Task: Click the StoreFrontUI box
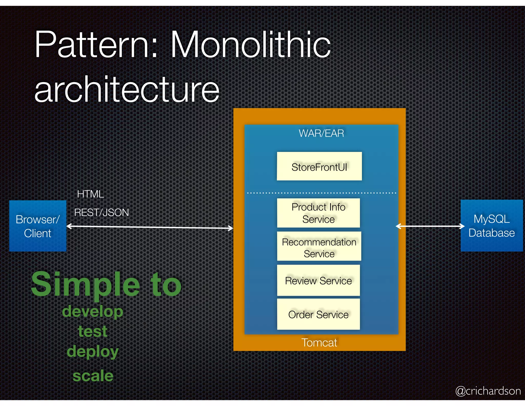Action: pos(319,166)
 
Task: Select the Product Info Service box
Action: pos(318,213)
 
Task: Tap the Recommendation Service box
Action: pos(319,246)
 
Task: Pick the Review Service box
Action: pos(318,280)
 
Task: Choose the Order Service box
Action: pos(318,314)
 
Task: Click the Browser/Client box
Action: pos(38,226)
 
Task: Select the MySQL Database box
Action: pos(492,226)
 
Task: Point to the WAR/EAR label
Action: pos(321,133)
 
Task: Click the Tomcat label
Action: pos(319,343)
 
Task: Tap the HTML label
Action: pos(90,194)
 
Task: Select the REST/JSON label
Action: pos(102,212)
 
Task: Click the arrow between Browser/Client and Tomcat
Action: pos(150,227)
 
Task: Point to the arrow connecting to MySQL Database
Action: pos(430,226)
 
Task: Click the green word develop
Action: pos(93,312)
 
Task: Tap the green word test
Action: pos(93,331)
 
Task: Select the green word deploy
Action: pos(93,352)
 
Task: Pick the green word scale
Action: pos(93,376)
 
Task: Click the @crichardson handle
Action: pos(488,391)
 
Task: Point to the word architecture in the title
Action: pos(127,89)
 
